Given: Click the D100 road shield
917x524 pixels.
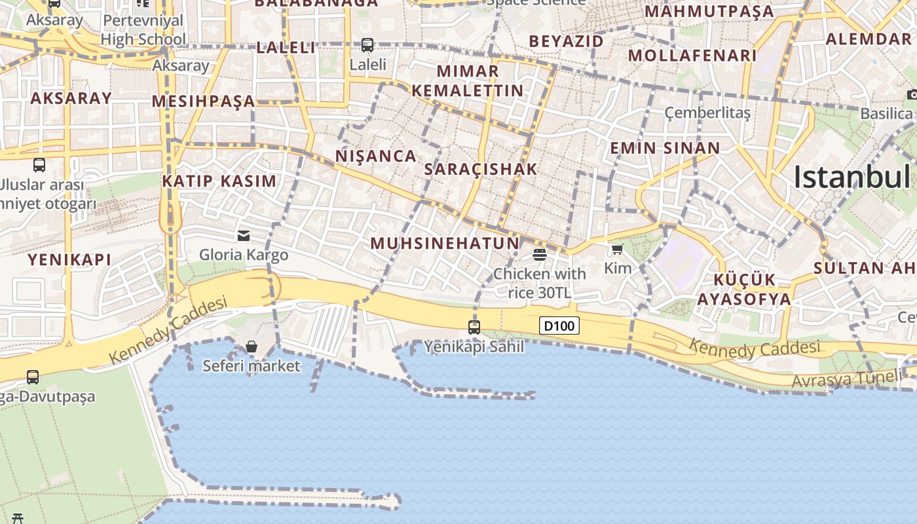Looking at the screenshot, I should pos(559,325).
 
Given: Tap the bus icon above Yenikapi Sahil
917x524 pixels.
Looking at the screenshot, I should pos(474,327).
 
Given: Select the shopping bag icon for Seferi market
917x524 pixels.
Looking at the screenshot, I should pos(252,346).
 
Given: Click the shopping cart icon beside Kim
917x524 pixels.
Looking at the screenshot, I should pos(617,250).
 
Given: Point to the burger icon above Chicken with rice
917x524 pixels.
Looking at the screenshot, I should pos(540,254).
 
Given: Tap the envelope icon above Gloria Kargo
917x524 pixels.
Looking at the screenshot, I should pos(244,235).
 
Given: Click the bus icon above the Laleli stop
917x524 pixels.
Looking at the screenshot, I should pos(367,45).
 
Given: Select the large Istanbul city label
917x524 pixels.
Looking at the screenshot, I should pos(851,177).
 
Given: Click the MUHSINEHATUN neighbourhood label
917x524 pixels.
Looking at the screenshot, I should pos(445,244).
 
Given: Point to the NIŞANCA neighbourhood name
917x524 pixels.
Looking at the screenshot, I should pos(376,156).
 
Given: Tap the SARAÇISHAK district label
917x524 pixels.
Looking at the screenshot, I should pos(481,169).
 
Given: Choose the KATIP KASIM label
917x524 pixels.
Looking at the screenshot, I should pos(219,181).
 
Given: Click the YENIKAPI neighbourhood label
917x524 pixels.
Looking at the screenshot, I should pos(69,259).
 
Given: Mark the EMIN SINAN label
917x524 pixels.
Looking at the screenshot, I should pos(665,148).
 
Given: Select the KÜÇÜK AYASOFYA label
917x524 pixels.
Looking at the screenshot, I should pos(744,290).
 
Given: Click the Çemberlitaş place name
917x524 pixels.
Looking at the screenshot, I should pos(707,113).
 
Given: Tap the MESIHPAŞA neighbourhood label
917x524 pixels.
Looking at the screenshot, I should pos(204,101).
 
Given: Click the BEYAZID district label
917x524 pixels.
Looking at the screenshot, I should pos(567,41).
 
